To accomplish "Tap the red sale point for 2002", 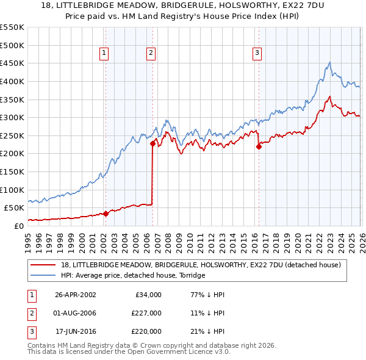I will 106,214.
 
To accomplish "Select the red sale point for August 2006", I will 152,144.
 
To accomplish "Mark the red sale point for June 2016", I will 259,146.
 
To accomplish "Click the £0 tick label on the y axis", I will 18,226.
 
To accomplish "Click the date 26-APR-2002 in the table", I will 75,294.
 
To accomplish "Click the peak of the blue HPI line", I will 329,62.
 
